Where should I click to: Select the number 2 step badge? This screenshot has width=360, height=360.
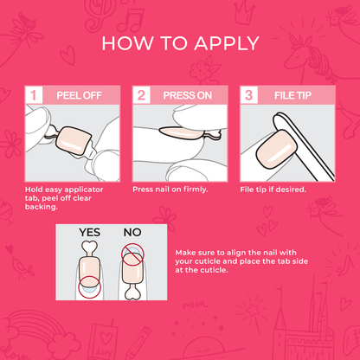pos(140,95)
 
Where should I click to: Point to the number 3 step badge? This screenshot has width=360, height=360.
pos(247,95)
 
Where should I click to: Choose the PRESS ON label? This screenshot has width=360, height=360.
pos(183,95)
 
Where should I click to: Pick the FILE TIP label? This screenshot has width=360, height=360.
pos(290,95)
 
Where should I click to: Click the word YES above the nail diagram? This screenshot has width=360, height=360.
pos(90,233)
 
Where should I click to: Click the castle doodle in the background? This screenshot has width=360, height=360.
pos(333,325)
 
